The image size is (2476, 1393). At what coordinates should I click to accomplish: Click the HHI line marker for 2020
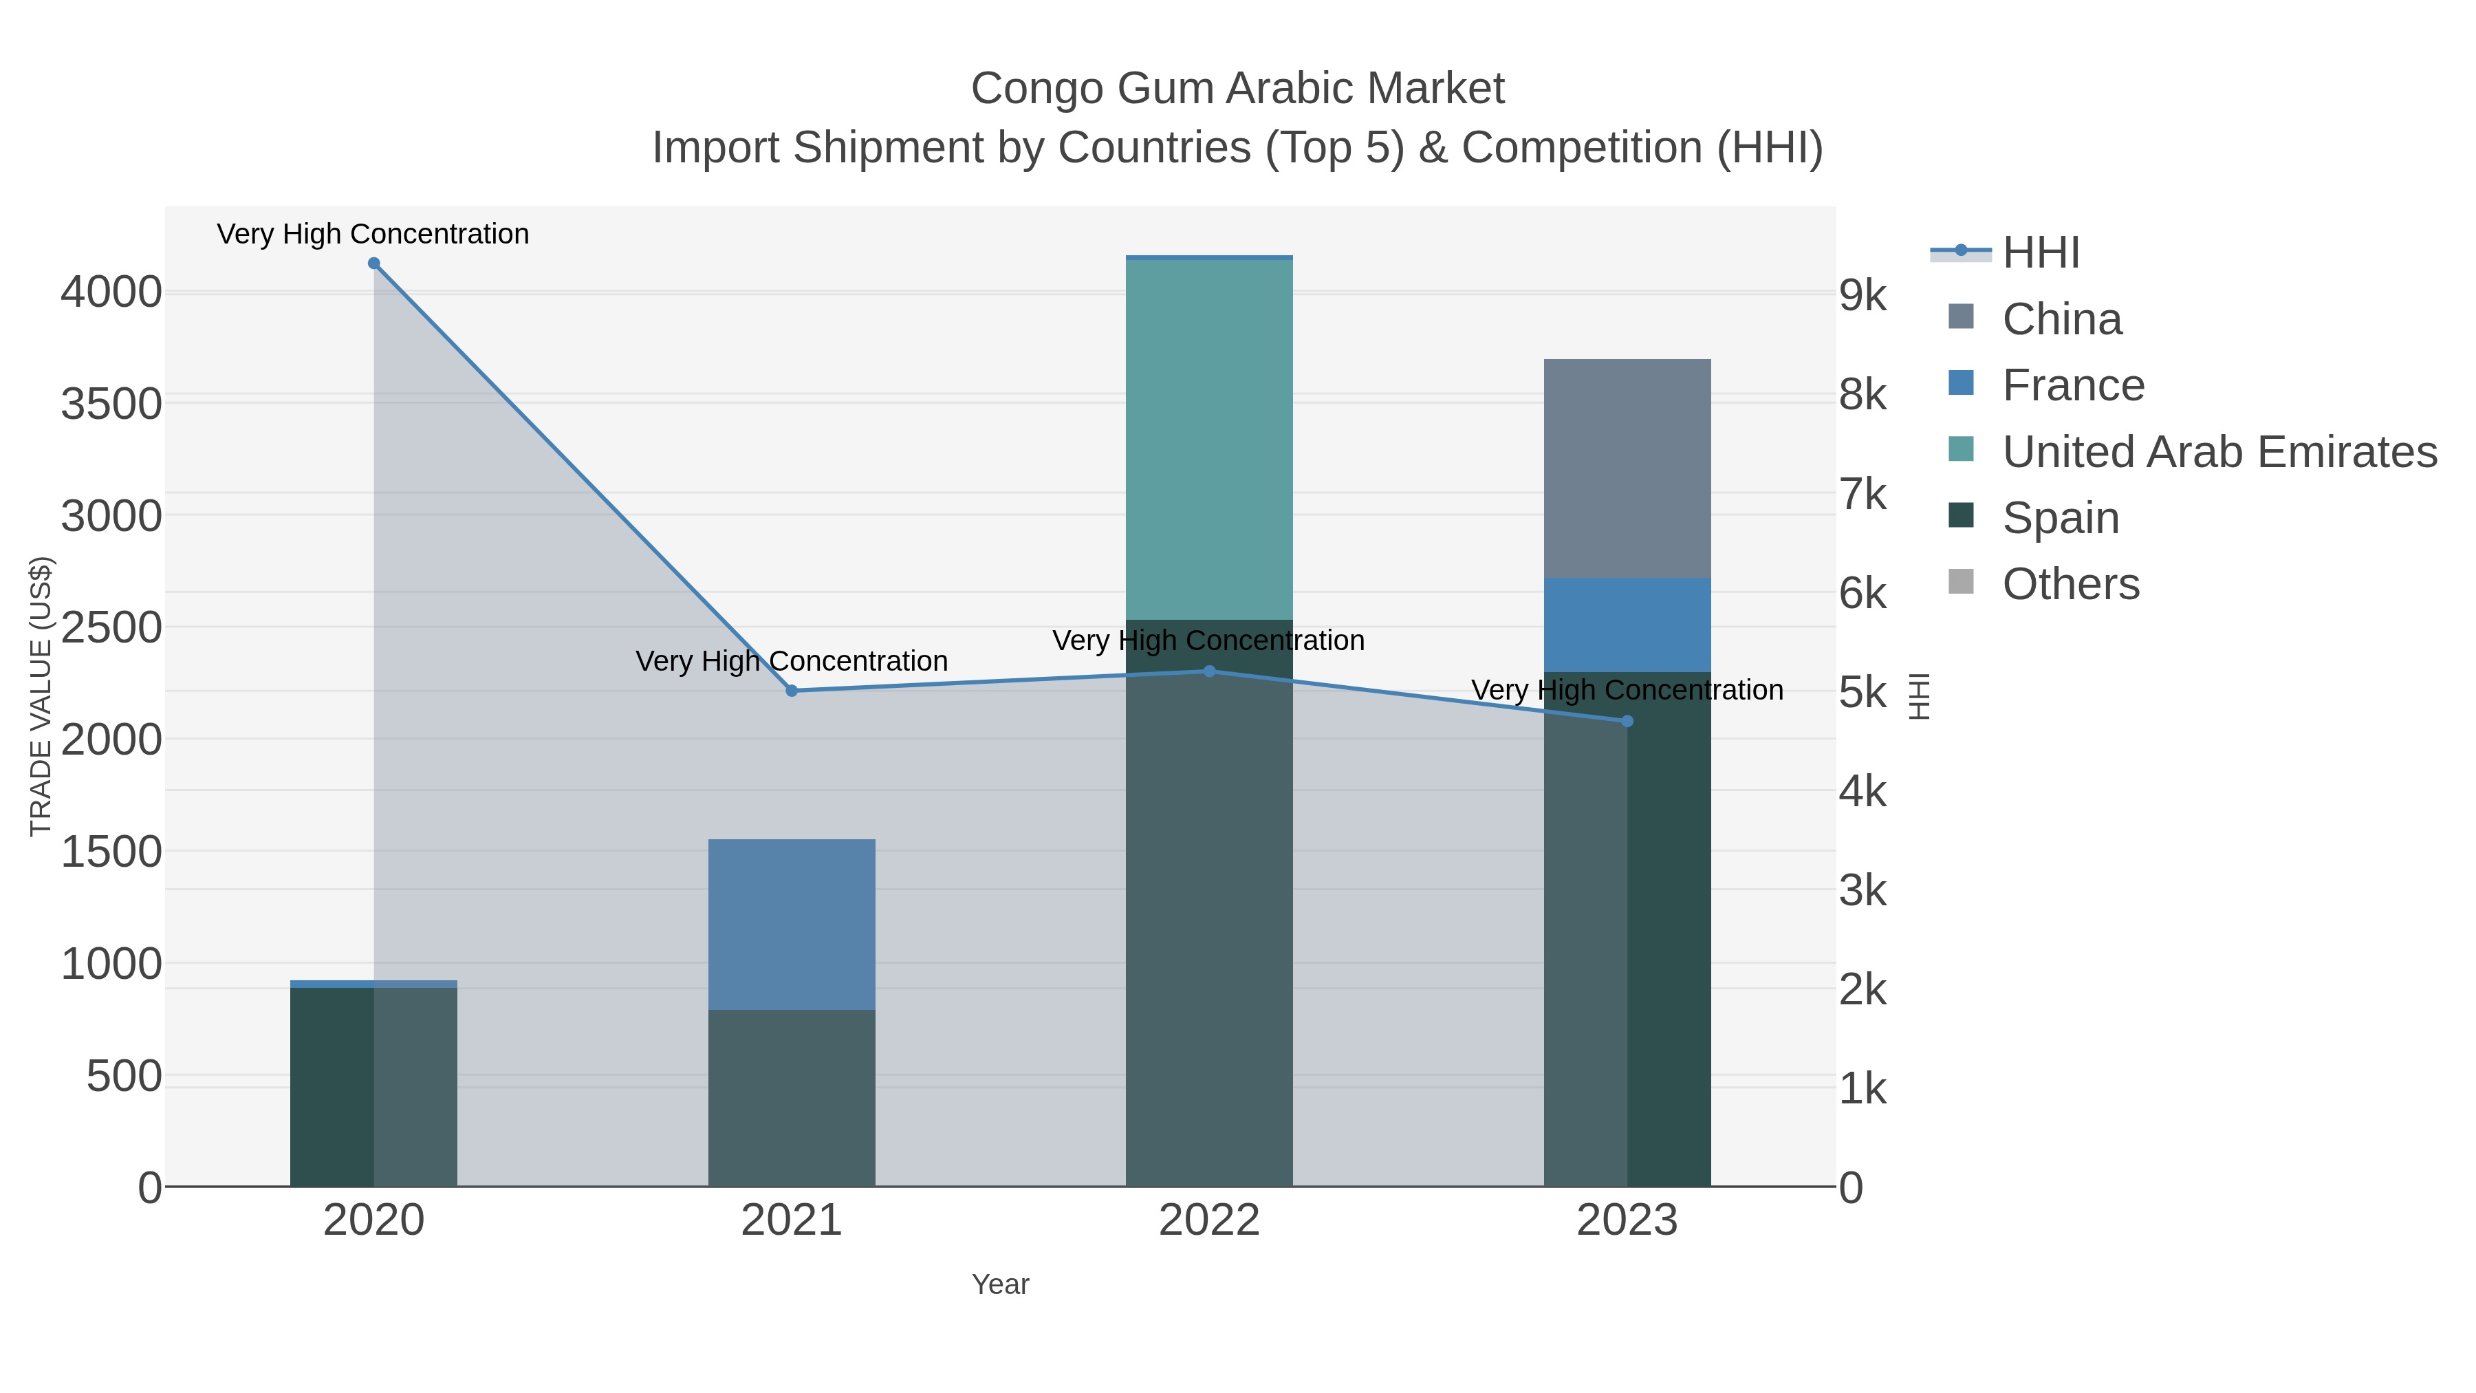(x=374, y=263)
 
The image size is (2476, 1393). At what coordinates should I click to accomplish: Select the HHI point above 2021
(x=792, y=691)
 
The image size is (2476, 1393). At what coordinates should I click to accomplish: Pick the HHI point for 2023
(x=1627, y=721)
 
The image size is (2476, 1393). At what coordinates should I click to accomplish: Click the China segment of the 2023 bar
(x=1627, y=468)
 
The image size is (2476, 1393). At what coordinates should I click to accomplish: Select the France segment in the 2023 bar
(x=1627, y=625)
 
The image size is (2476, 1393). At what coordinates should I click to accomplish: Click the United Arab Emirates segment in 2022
(x=1209, y=440)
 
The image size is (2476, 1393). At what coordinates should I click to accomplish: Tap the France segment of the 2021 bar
(x=792, y=924)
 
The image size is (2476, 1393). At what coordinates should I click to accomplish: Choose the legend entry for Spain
(x=2060, y=518)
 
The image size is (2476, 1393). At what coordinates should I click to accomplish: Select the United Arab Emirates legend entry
(x=2218, y=452)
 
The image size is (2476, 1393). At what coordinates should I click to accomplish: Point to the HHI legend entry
(x=2040, y=253)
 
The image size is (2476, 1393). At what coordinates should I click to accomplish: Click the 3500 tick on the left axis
(x=111, y=404)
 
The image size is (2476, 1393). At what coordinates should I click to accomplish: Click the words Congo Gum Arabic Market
(x=1237, y=89)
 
